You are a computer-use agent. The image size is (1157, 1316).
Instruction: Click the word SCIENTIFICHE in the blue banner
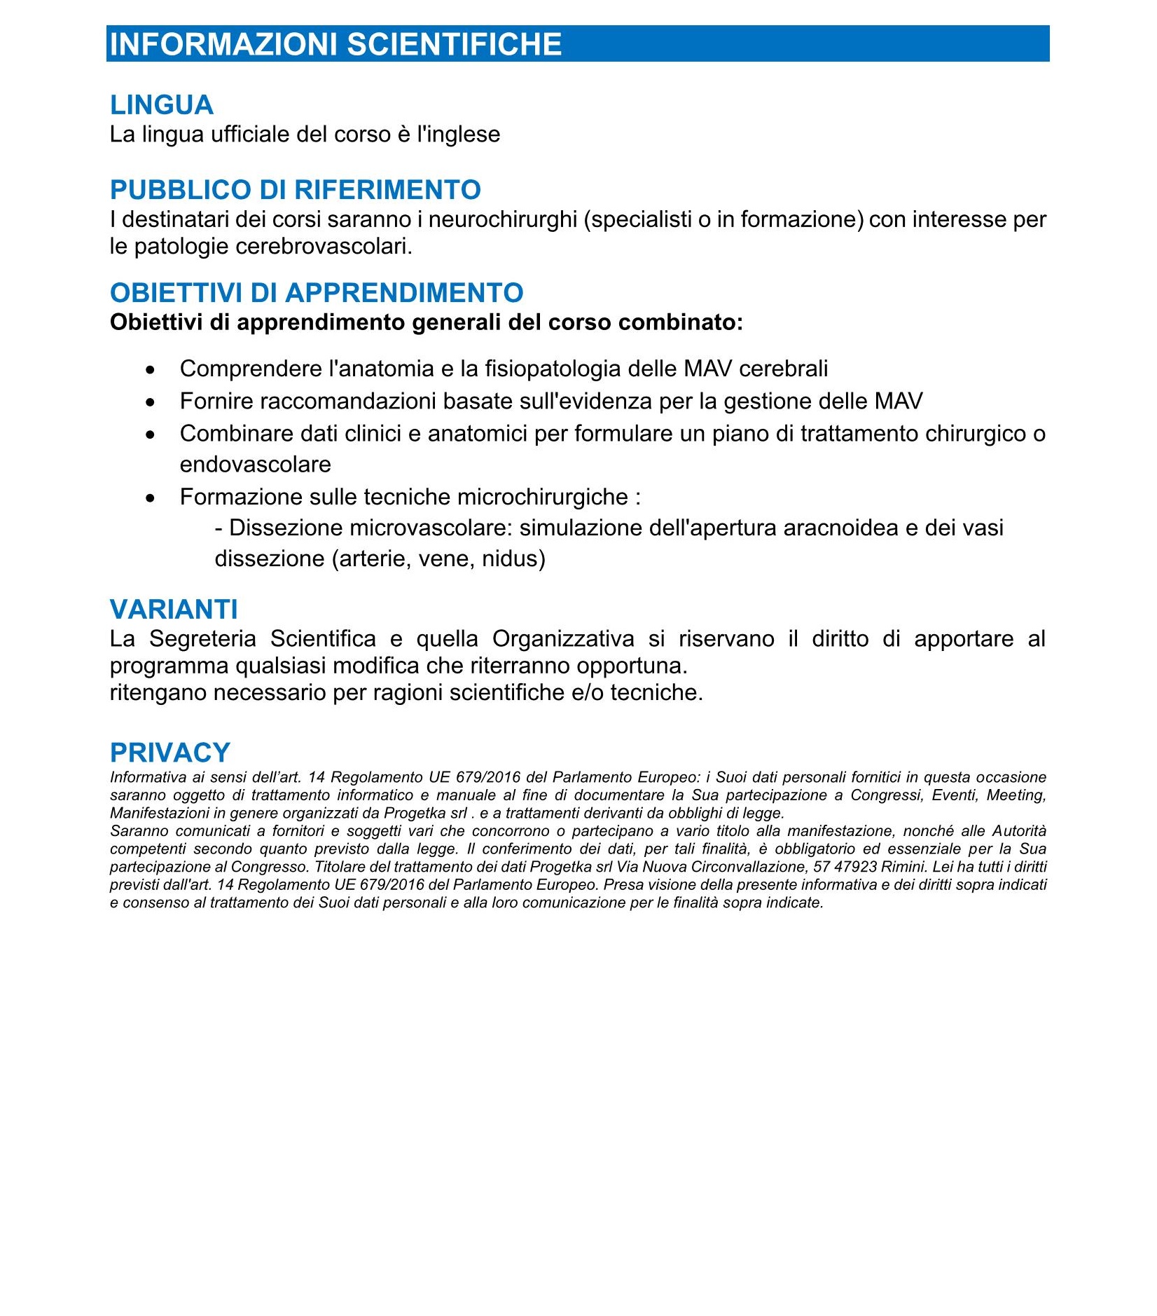(x=455, y=44)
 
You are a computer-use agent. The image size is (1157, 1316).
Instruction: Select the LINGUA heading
(x=162, y=105)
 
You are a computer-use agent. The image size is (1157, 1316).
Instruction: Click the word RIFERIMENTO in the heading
(x=387, y=190)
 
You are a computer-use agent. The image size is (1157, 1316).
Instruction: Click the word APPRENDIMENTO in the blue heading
(x=404, y=293)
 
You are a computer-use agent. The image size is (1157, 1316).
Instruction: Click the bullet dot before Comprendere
(x=150, y=369)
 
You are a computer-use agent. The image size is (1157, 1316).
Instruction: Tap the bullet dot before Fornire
(x=150, y=402)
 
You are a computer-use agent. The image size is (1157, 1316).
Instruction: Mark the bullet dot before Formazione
(x=150, y=498)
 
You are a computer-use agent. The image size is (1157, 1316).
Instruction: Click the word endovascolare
(x=255, y=465)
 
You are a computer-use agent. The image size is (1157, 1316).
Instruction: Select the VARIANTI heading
(x=174, y=610)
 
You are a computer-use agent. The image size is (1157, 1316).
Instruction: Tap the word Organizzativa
(x=563, y=639)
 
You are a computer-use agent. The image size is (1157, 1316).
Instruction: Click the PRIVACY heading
(x=170, y=753)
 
